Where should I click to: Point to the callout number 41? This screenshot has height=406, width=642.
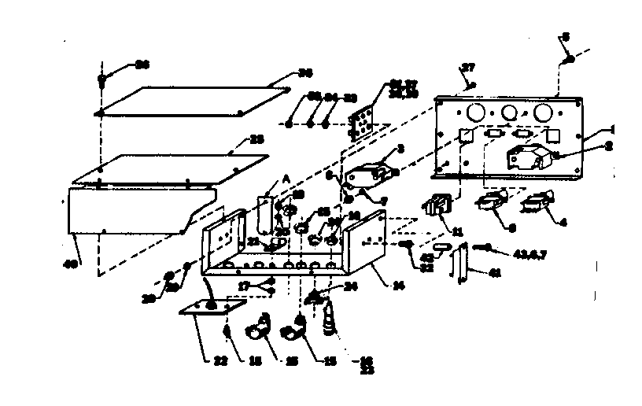pyautogui.click(x=495, y=273)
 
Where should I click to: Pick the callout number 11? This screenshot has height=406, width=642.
pyautogui.click(x=458, y=231)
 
